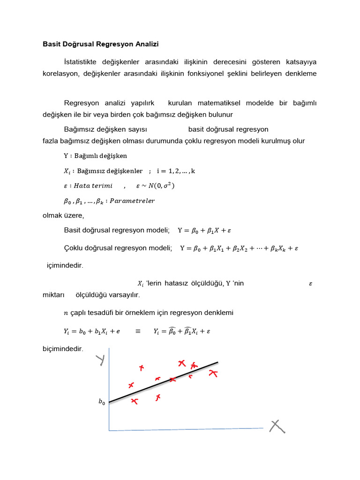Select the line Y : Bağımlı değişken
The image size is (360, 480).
[x=95, y=156]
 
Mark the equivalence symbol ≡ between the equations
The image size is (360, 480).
[x=138, y=331]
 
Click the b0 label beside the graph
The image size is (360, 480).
[x=101, y=402]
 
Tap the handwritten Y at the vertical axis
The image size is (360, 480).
[x=100, y=360]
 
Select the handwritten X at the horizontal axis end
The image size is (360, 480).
[x=277, y=426]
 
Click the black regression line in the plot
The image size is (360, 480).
[x=164, y=382]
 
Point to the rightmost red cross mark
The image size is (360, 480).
[x=213, y=374]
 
